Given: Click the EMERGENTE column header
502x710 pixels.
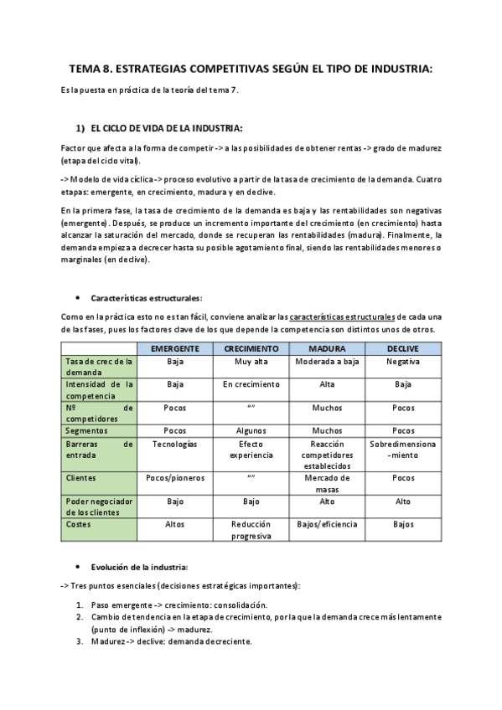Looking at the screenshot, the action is pyautogui.click(x=175, y=348).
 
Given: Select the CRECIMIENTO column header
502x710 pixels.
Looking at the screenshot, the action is pyautogui.click(x=251, y=348).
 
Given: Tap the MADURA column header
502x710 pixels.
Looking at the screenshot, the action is pyautogui.click(x=327, y=348).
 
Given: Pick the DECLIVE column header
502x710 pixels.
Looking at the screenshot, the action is pyautogui.click(x=403, y=348).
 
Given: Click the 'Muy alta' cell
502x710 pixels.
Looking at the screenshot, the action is pyautogui.click(x=251, y=362).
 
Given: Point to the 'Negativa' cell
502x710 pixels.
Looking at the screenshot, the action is pyautogui.click(x=403, y=362).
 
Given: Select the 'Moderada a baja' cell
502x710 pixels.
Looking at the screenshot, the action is pyautogui.click(x=327, y=362).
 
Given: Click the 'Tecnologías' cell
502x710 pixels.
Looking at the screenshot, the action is pyautogui.click(x=175, y=444).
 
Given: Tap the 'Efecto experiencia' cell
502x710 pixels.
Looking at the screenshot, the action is pyautogui.click(x=251, y=450).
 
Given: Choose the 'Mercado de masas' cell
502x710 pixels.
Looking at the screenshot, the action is pyautogui.click(x=327, y=483).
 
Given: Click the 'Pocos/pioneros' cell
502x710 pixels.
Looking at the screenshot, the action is pyautogui.click(x=175, y=477).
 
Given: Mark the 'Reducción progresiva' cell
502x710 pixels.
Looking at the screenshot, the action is pyautogui.click(x=251, y=530).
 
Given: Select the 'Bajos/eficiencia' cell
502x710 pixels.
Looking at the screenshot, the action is pyautogui.click(x=327, y=524).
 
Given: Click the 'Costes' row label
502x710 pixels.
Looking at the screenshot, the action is pyautogui.click(x=79, y=524).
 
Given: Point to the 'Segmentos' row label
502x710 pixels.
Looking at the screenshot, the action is pyautogui.click(x=86, y=430).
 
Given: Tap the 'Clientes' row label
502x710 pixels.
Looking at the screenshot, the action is pyautogui.click(x=81, y=477).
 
